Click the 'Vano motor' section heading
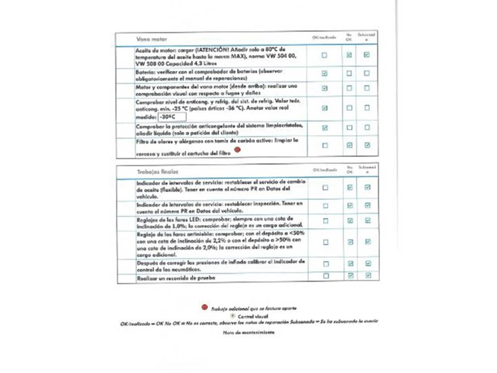click(152, 39)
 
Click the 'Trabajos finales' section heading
click(157, 172)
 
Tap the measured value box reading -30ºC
click(172, 117)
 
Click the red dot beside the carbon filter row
click(237, 150)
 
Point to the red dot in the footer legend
click(205, 307)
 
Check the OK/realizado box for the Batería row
click(324, 73)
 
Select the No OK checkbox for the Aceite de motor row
click(349, 55)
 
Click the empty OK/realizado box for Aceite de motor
click(324, 55)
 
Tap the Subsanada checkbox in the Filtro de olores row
click(367, 145)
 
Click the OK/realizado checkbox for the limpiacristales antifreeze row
click(325, 128)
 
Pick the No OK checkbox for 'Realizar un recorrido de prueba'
click(351, 276)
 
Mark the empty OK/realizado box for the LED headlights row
click(325, 221)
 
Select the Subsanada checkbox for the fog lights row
click(368, 242)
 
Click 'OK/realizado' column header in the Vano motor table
click(324, 37)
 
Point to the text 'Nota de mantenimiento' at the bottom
click(248, 333)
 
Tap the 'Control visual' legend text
click(253, 316)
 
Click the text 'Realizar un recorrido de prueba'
click(176, 278)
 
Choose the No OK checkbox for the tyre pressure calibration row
click(351, 264)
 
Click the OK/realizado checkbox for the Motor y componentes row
click(324, 88)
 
